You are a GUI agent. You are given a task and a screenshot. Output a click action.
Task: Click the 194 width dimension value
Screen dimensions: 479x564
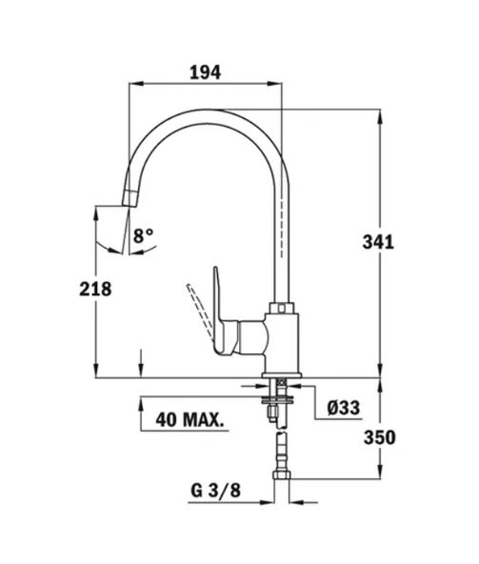click(x=205, y=72)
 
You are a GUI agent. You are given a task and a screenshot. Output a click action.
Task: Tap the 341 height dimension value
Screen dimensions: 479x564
click(x=378, y=242)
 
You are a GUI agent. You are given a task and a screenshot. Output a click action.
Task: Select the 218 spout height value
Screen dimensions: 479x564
click(x=95, y=290)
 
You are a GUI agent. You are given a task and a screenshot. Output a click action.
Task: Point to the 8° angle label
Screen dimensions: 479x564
click(x=143, y=235)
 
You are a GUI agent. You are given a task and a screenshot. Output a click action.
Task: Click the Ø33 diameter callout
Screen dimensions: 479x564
click(x=344, y=408)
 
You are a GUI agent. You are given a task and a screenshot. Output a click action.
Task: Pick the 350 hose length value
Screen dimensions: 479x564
click(x=380, y=437)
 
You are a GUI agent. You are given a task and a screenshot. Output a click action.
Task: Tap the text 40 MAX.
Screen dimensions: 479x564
click(x=190, y=420)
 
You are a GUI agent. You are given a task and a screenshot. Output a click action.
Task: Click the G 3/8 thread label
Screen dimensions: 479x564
click(x=215, y=491)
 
